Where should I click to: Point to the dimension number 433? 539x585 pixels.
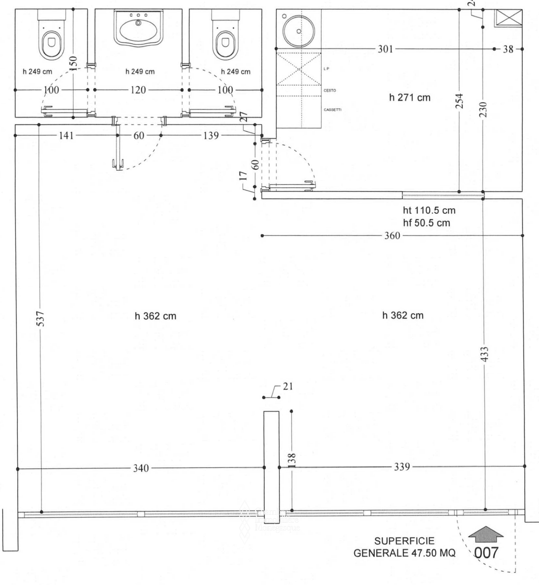(x=485, y=354)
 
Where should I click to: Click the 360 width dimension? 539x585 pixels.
(x=392, y=236)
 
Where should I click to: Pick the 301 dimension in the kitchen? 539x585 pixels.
(x=385, y=49)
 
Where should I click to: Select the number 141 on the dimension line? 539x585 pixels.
(x=66, y=135)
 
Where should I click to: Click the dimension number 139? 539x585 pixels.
(x=211, y=135)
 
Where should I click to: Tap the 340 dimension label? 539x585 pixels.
(x=141, y=468)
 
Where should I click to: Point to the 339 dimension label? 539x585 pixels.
(x=402, y=467)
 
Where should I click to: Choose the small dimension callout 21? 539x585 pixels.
(x=288, y=386)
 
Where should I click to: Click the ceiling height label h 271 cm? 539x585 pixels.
(x=410, y=98)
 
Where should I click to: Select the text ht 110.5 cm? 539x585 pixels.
(x=429, y=210)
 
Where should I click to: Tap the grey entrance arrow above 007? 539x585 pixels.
(x=486, y=534)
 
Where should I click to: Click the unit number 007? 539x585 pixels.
(x=486, y=552)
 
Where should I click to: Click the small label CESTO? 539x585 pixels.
(x=330, y=90)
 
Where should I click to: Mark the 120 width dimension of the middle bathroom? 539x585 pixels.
(x=138, y=90)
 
